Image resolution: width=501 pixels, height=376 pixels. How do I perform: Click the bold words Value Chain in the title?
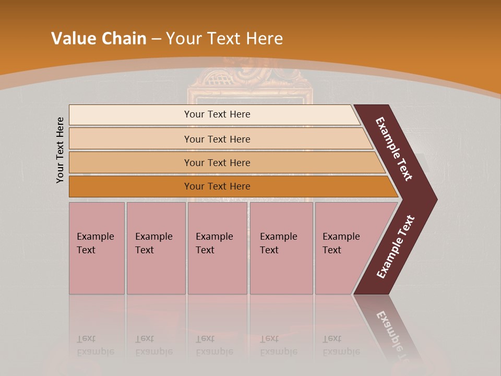tap(99, 39)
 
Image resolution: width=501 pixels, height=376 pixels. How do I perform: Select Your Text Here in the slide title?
tap(224, 39)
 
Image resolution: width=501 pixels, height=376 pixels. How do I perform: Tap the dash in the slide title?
tap(156, 39)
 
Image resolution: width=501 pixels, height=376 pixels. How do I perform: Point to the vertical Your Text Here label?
tap(60, 150)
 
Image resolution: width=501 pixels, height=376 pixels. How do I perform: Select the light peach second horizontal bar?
tap(217, 139)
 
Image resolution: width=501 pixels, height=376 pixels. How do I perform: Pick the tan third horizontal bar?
tap(217, 162)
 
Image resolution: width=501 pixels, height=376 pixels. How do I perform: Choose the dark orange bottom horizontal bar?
tap(217, 186)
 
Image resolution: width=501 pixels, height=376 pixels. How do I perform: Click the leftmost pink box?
tap(97, 248)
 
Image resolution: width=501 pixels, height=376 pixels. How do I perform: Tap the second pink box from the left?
tap(156, 248)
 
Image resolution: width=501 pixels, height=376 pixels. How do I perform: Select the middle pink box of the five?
tap(217, 248)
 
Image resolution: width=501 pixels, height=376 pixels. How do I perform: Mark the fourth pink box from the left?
tap(281, 248)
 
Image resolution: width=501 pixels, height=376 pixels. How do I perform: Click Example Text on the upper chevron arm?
tap(394, 149)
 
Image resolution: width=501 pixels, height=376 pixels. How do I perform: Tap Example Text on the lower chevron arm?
tap(396, 247)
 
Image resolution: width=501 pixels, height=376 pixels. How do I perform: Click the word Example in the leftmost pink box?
tap(95, 237)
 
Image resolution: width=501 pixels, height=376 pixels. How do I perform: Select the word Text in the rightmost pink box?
tap(331, 250)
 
